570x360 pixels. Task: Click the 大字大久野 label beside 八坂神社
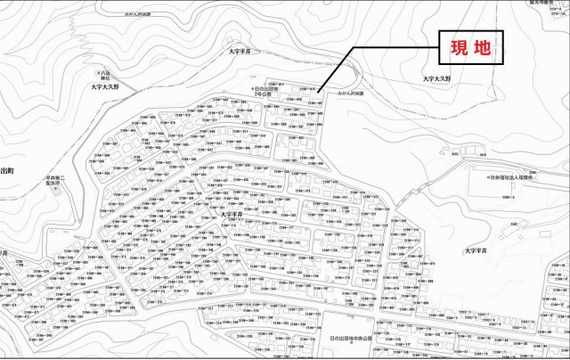(x=110, y=87)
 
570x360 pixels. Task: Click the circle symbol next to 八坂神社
(x=98, y=70)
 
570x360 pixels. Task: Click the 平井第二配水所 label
(x=58, y=182)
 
